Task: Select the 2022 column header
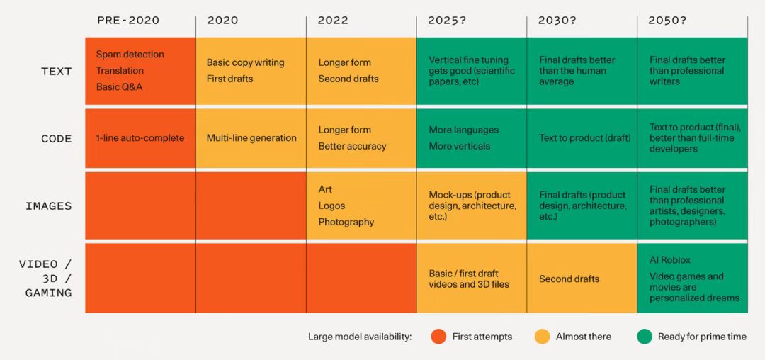tap(333, 21)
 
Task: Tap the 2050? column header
tap(667, 21)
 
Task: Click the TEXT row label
tap(57, 71)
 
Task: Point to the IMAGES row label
tap(49, 206)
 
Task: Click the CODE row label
tap(57, 139)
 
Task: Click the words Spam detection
tap(130, 55)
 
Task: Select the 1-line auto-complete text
tap(140, 138)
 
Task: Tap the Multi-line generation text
tap(251, 138)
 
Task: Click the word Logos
tap(331, 206)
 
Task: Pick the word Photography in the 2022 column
tap(346, 222)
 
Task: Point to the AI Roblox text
tap(670, 260)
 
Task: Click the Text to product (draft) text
tap(584, 138)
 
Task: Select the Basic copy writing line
tap(245, 62)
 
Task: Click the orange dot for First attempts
tap(438, 337)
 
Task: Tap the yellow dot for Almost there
tap(542, 337)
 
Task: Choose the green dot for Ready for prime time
tap(644, 337)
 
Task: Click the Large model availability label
tap(360, 337)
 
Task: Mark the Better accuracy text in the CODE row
tap(352, 146)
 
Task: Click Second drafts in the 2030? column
tap(569, 279)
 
